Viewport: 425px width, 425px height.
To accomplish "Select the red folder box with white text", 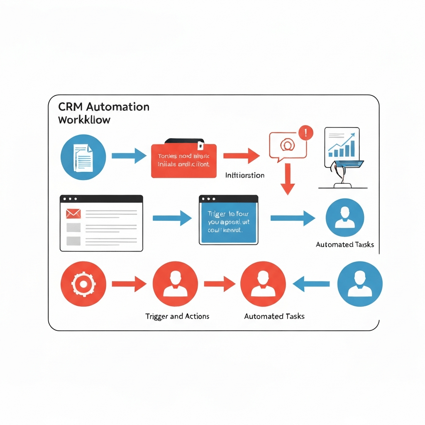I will point(183,161).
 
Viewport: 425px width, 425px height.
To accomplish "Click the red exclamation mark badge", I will point(306,133).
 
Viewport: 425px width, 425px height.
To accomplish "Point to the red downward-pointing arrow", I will point(287,178).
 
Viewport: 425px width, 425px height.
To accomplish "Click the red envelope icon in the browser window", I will point(73,213).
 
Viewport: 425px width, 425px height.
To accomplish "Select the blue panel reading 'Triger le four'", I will point(227,220).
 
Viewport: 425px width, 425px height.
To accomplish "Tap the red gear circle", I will point(83,284).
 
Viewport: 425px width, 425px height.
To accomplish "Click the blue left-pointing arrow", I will point(311,284).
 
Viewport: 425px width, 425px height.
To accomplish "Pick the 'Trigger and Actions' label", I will point(177,316).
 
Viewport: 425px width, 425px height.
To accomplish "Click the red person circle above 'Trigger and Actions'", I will point(175,284).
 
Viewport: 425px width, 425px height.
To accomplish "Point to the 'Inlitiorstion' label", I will point(244,175).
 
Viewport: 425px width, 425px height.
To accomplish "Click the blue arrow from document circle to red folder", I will point(129,156).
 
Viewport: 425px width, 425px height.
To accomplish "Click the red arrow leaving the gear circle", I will point(129,284).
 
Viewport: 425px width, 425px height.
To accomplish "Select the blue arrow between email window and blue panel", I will point(172,218).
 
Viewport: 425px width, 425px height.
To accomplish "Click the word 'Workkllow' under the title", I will point(84,120).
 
